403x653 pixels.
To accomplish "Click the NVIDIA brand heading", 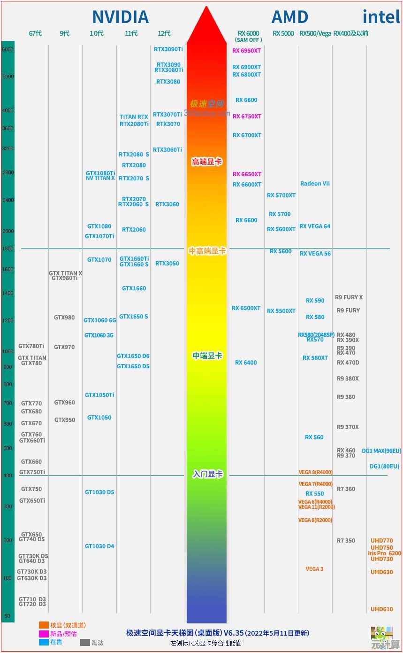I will coord(120,17).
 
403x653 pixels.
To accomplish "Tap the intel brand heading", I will coord(381,17).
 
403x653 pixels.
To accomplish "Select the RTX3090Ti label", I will coord(168,49).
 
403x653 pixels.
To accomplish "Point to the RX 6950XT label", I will coord(247,51).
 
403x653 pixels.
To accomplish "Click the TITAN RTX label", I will coord(134,117).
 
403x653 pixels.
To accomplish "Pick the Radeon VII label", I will coord(315,184).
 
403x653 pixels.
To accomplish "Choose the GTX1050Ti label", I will coord(99,395).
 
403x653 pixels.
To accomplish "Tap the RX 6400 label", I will coord(246,363).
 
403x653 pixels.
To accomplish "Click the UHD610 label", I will coord(382,609).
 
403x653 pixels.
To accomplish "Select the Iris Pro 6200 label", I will coord(385,553).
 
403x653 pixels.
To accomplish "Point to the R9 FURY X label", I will coord(349,297).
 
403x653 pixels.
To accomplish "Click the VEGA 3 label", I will coord(314,569).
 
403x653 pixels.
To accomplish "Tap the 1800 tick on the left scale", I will coord(8,249).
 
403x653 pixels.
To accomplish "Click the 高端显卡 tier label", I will coord(206,162).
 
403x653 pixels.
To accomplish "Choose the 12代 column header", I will coord(164,33).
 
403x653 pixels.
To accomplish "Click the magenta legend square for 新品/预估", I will coord(44,633).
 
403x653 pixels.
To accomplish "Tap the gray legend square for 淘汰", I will coord(85,642).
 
